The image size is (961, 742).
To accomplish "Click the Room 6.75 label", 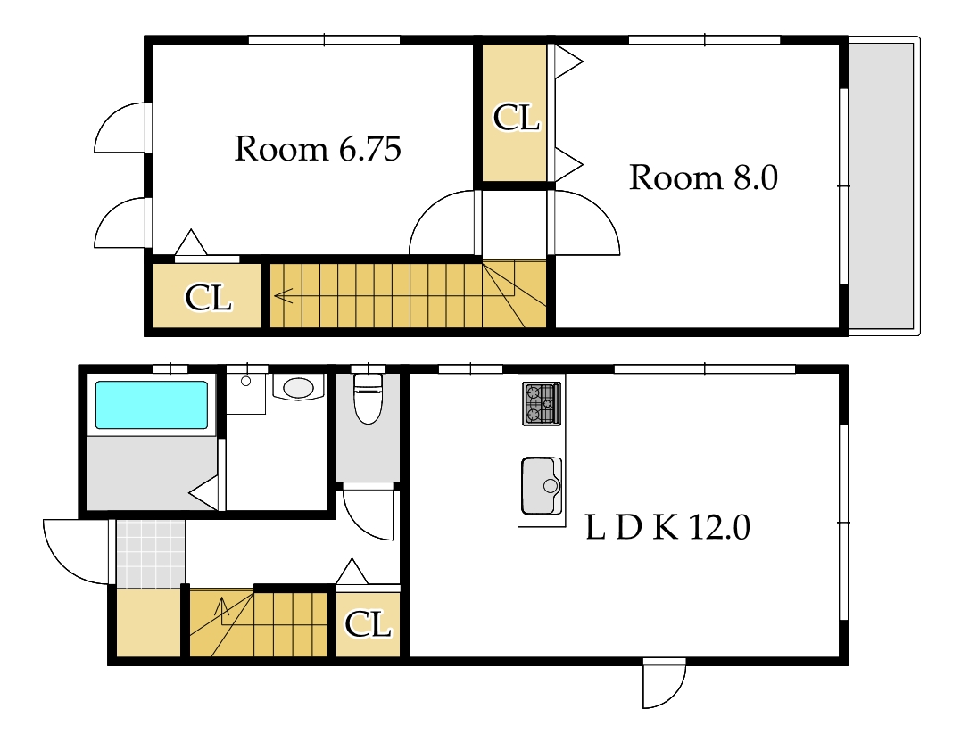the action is pyautogui.click(x=318, y=149).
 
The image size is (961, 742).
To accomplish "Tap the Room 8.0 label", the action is pyautogui.click(x=703, y=177).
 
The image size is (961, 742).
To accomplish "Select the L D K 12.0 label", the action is pyautogui.click(x=667, y=527).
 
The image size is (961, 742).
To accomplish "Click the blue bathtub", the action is pyautogui.click(x=152, y=405).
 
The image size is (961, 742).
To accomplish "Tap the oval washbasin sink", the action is pyautogui.click(x=299, y=387).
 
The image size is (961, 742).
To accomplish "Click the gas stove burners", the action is pyautogui.click(x=541, y=404).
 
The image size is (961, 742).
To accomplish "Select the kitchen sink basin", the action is pyautogui.click(x=542, y=486).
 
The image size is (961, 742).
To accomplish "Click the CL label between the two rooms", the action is pyautogui.click(x=516, y=118).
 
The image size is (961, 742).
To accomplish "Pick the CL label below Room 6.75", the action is pyautogui.click(x=208, y=298).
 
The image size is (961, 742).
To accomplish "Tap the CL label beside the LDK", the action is pyautogui.click(x=367, y=624).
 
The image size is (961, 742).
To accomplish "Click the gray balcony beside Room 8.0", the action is pyautogui.click(x=880, y=185).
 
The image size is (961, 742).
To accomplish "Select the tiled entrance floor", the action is pyautogui.click(x=151, y=554).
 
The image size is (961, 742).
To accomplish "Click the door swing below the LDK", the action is pyautogui.click(x=665, y=682).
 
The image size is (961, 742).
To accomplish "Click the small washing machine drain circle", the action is pyautogui.click(x=245, y=381).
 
